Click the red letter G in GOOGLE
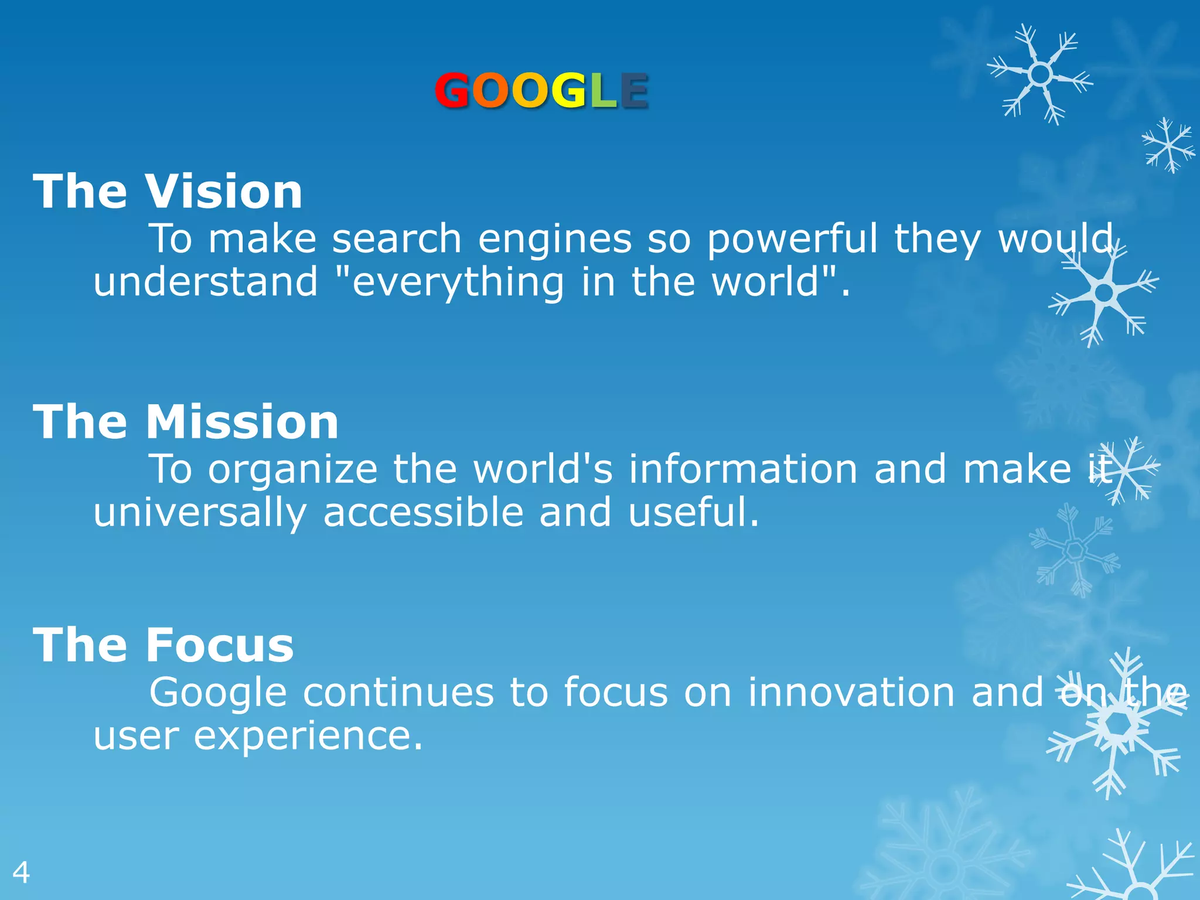pos(452,91)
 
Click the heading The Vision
pos(168,192)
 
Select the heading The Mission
pos(186,422)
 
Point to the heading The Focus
pos(163,645)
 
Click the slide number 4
pos(21,873)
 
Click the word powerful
pos(792,239)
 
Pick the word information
pos(744,469)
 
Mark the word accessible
pos(423,512)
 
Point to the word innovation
pos(852,693)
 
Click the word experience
pos(308,737)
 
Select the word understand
pos(206,282)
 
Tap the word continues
pos(398,693)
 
